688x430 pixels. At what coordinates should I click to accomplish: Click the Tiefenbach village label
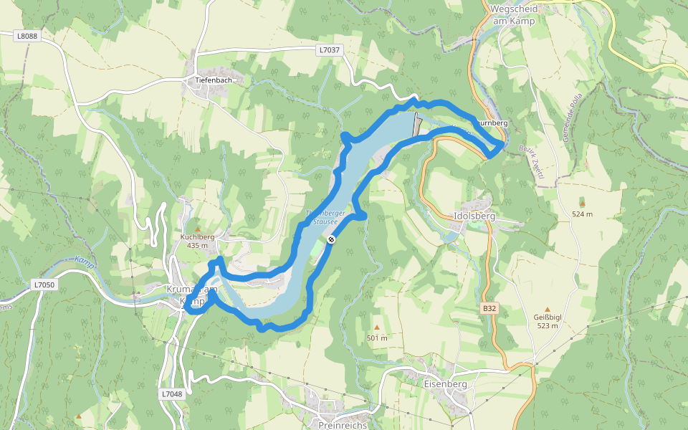(214, 80)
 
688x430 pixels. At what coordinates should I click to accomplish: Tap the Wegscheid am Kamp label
(514, 15)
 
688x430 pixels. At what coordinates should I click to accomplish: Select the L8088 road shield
(27, 34)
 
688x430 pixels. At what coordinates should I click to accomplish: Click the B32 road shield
(489, 308)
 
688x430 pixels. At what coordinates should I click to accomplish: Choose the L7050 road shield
(44, 285)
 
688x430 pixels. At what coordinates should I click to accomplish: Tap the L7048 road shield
(171, 393)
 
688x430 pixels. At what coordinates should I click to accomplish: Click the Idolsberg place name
(474, 215)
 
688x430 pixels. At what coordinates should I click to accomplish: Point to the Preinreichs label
(343, 425)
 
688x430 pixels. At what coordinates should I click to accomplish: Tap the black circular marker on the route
(331, 239)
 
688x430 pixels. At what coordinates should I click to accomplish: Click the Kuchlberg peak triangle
(198, 228)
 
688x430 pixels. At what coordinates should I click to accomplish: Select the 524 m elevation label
(582, 214)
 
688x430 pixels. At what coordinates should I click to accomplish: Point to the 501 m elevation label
(377, 338)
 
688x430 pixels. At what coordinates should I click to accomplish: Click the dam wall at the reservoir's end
(416, 124)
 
